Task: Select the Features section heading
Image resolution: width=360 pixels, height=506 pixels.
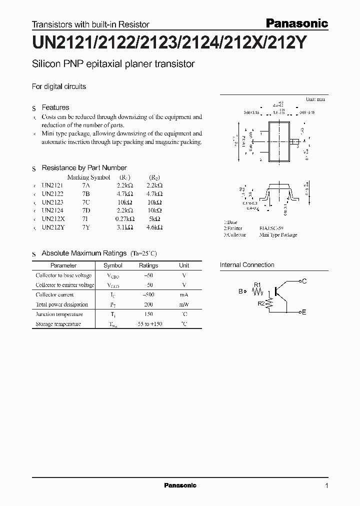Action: tap(55, 107)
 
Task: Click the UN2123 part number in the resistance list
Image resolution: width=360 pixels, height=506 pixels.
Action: tap(53, 202)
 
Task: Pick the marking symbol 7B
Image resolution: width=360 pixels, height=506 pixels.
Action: tap(86, 193)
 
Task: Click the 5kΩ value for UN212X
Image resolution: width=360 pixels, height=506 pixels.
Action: tap(154, 219)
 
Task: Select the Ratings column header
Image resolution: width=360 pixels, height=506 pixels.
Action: tap(148, 265)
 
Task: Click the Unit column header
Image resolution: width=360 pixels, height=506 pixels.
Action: tap(184, 265)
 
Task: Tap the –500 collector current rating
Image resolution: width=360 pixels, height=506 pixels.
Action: tap(148, 295)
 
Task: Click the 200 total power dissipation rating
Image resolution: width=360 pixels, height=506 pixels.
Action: tap(148, 304)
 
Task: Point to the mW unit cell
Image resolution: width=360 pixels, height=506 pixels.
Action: tap(184, 304)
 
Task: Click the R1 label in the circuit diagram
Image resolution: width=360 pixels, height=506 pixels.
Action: tap(257, 285)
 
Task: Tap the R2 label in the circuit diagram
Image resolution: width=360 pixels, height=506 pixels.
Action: tap(261, 303)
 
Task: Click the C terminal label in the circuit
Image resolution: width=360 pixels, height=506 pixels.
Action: tap(304, 281)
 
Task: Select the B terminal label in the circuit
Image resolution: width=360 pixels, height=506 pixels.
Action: tap(240, 291)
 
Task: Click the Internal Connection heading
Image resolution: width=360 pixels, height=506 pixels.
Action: tap(247, 265)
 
